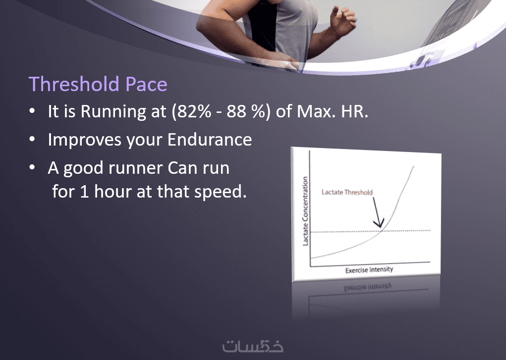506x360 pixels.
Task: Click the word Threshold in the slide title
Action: (74, 84)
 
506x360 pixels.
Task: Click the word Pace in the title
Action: (146, 84)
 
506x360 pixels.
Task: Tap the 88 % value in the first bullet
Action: (246, 111)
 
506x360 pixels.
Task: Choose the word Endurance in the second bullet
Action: (210, 140)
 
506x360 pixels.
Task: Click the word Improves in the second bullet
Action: (85, 140)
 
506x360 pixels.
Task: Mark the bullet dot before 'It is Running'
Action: (32, 111)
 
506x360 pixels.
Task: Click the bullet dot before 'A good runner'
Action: (32, 167)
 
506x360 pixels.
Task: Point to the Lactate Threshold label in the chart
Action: (347, 192)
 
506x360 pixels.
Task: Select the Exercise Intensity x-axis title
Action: (369, 270)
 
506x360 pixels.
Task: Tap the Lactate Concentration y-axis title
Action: (305, 211)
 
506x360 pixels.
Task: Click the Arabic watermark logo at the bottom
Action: (253, 346)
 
